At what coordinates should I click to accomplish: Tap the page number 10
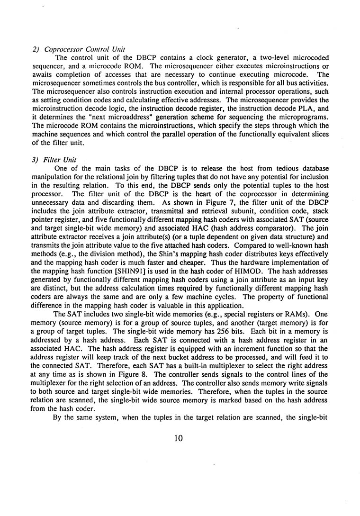tap(178, 438)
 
